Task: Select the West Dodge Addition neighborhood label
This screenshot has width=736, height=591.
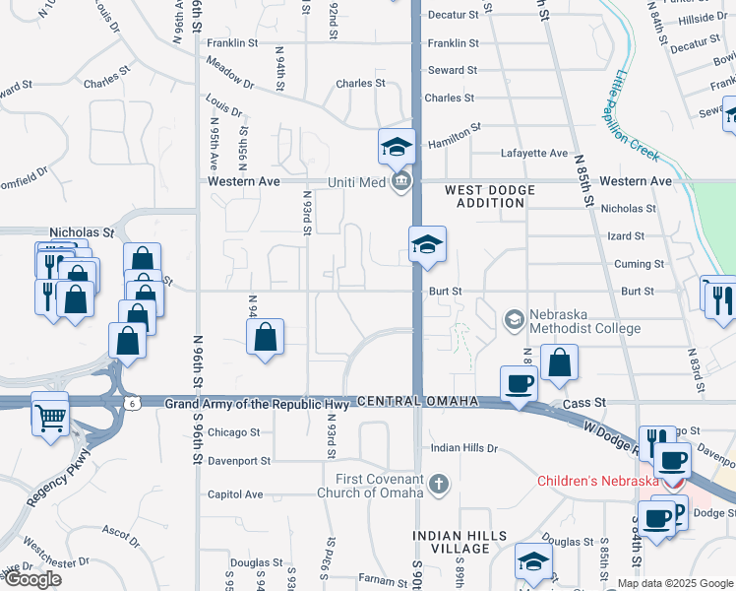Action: [x=490, y=196]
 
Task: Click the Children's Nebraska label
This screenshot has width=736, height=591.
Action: [x=598, y=481]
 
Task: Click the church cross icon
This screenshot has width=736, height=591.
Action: [x=439, y=485]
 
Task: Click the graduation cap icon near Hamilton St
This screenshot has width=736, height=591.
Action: [x=397, y=148]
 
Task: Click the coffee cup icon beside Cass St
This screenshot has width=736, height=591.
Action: [x=518, y=383]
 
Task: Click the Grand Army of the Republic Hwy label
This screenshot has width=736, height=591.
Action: [x=257, y=404]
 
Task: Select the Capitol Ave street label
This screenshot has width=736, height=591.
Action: [x=235, y=494]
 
